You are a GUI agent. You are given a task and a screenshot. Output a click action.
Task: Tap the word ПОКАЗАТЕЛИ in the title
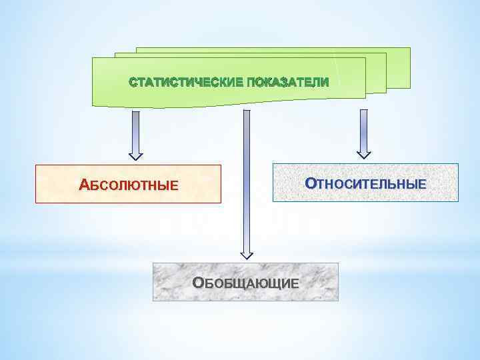(288, 83)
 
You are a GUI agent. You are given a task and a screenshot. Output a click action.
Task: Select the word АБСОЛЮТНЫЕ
(129, 185)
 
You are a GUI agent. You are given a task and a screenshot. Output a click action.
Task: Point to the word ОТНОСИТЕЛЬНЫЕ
(365, 183)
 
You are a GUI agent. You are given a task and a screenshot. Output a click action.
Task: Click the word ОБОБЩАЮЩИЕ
(245, 283)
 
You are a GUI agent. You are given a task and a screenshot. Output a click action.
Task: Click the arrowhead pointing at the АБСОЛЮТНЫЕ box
(136, 156)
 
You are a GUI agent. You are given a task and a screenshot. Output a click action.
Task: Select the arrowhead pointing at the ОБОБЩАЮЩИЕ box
(247, 253)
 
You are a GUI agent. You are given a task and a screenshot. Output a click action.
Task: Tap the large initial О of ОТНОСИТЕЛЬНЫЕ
(309, 182)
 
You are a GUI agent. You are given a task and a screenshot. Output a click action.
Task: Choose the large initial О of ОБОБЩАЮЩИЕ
(197, 282)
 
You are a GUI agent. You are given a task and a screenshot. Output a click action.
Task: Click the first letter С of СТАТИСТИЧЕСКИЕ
(132, 83)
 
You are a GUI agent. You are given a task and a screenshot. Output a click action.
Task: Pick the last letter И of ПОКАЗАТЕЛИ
(325, 83)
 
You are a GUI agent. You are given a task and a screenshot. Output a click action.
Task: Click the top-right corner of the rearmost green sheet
(409, 49)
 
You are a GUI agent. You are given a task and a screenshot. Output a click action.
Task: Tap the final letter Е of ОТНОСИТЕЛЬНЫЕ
(421, 183)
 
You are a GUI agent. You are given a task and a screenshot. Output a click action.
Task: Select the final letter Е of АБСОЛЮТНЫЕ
(175, 185)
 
